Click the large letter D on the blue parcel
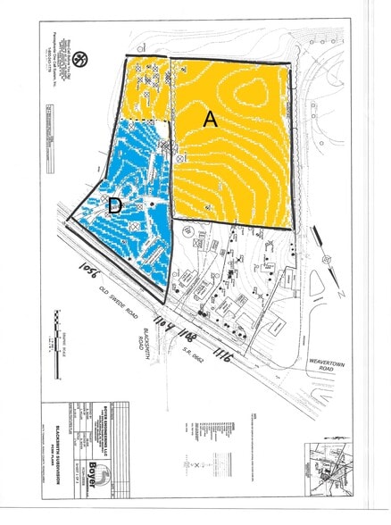click(x=114, y=206)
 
